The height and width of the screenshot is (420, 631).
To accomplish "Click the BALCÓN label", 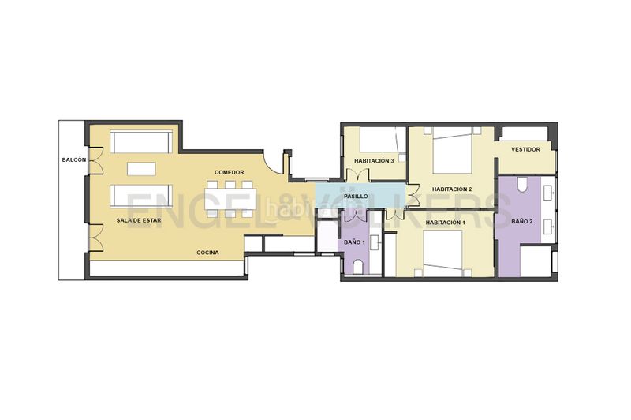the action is tap(74, 159).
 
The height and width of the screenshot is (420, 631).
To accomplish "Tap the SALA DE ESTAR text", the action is tap(139, 220).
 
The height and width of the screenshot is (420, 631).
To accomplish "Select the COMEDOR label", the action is tap(230, 172).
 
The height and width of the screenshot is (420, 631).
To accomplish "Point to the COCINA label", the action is tap(207, 253).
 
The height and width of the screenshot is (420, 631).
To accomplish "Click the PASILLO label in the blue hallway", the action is tap(356, 196).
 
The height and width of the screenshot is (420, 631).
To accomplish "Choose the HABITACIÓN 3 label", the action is tap(374, 161).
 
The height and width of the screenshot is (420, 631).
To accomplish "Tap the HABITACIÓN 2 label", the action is tap(452, 189).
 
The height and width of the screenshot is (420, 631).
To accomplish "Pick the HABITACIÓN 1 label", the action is tap(446, 223).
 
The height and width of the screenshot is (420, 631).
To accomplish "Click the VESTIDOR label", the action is tap(525, 149).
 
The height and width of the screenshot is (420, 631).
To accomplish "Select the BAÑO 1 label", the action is tap(354, 242).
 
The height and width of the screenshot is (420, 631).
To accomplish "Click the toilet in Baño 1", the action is tap(358, 267).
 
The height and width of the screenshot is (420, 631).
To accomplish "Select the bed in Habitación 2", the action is tap(452, 150).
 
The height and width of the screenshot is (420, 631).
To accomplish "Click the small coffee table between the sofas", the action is tap(141, 169).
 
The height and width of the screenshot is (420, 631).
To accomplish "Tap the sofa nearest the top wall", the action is tap(141, 142).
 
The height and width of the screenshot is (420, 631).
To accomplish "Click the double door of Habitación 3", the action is tap(357, 174).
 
